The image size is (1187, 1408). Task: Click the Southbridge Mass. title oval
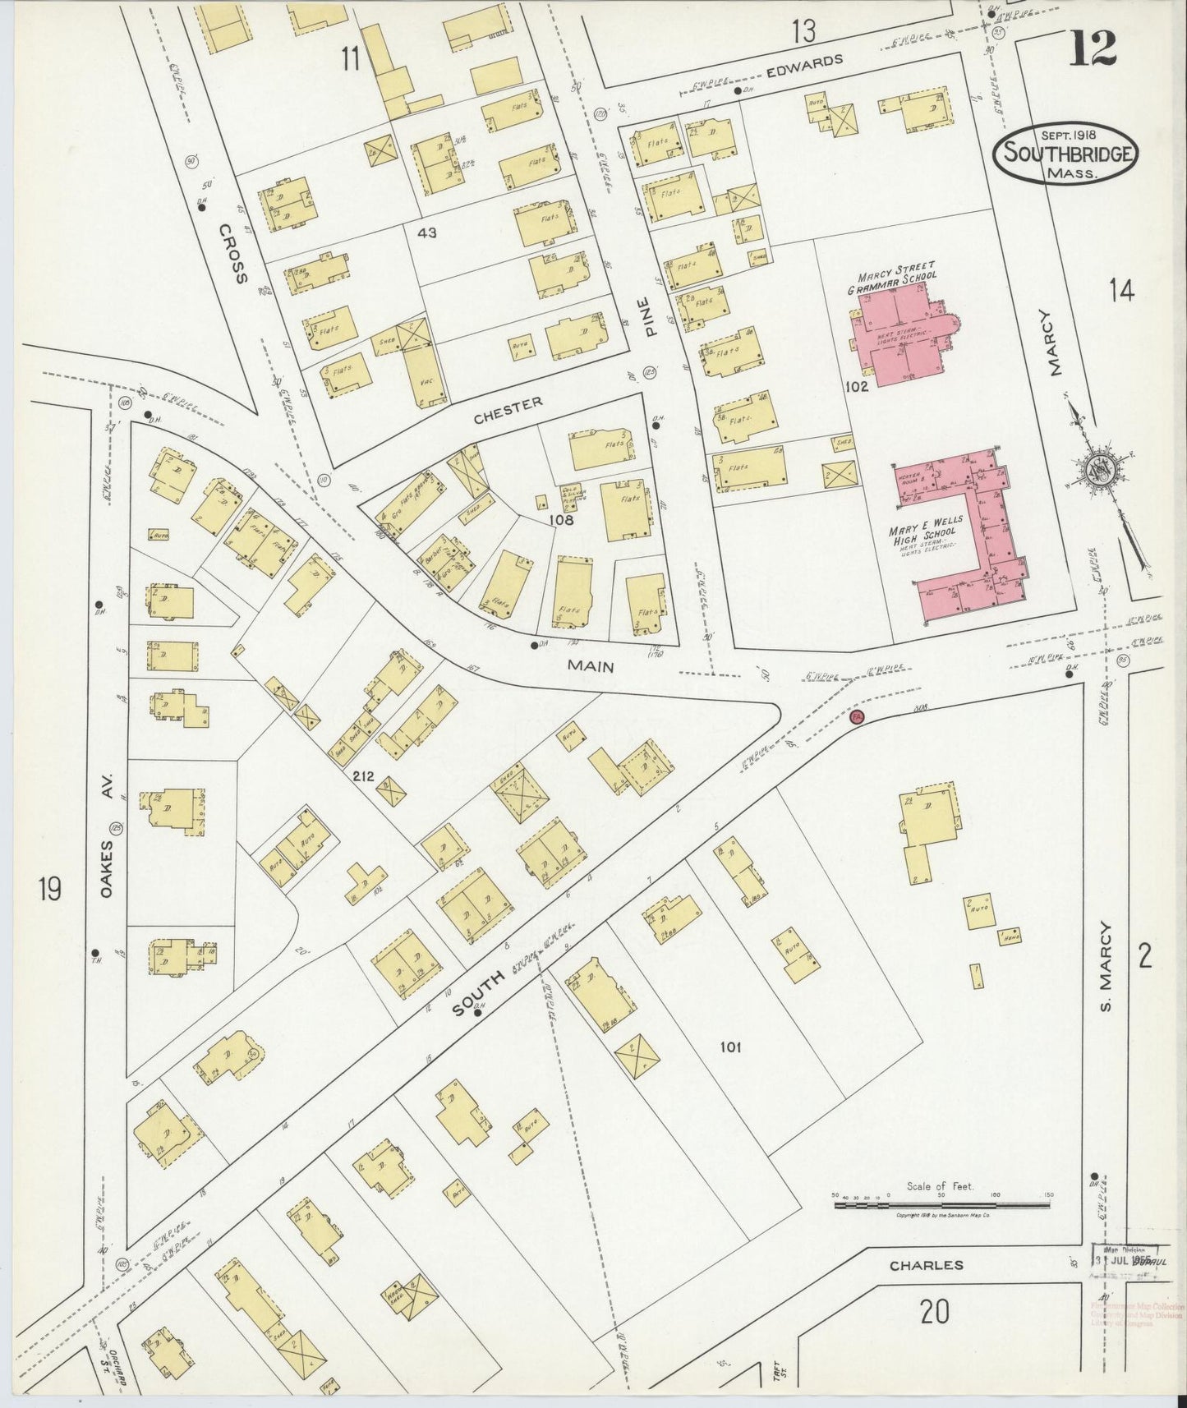(1066, 154)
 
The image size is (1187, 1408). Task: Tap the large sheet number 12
(1093, 48)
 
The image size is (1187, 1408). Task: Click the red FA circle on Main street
(856, 717)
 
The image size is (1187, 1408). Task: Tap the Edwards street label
(804, 62)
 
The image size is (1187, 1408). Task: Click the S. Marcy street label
(1106, 967)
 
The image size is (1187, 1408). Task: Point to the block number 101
(730, 1047)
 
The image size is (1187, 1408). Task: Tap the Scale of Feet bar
(942, 1205)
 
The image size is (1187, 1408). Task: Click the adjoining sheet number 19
(50, 889)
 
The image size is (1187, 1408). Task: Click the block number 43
(426, 232)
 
